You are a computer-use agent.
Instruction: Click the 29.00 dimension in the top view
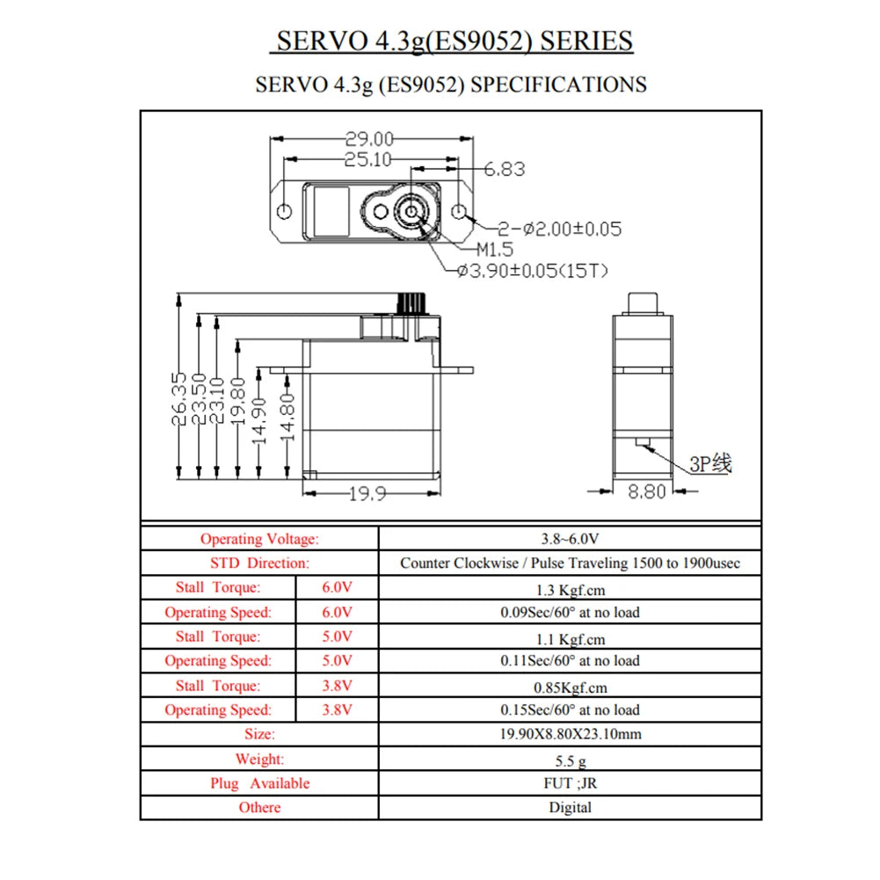click(x=369, y=139)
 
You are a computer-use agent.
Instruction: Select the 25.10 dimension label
click(x=367, y=159)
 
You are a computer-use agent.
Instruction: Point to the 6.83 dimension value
click(x=504, y=169)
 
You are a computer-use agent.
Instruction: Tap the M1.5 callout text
click(x=494, y=250)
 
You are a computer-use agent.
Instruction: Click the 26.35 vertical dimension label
click(x=179, y=401)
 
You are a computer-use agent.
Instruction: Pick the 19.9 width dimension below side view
click(x=367, y=494)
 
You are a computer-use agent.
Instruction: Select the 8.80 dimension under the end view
click(x=646, y=492)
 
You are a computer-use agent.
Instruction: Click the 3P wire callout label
click(x=709, y=463)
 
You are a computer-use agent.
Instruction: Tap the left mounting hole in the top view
click(x=285, y=213)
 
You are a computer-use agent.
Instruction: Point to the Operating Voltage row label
click(x=259, y=539)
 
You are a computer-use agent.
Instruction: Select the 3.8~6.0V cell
click(x=570, y=539)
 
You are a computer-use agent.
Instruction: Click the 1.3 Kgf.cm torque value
click(x=570, y=590)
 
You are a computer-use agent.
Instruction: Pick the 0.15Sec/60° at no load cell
click(x=570, y=709)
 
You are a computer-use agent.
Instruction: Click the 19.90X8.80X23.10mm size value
click(x=570, y=734)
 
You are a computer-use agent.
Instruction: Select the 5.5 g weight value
click(x=570, y=760)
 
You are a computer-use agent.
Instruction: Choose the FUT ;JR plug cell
click(x=570, y=783)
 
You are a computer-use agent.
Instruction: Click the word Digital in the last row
click(x=570, y=807)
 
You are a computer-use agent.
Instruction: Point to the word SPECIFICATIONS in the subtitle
click(x=558, y=85)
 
